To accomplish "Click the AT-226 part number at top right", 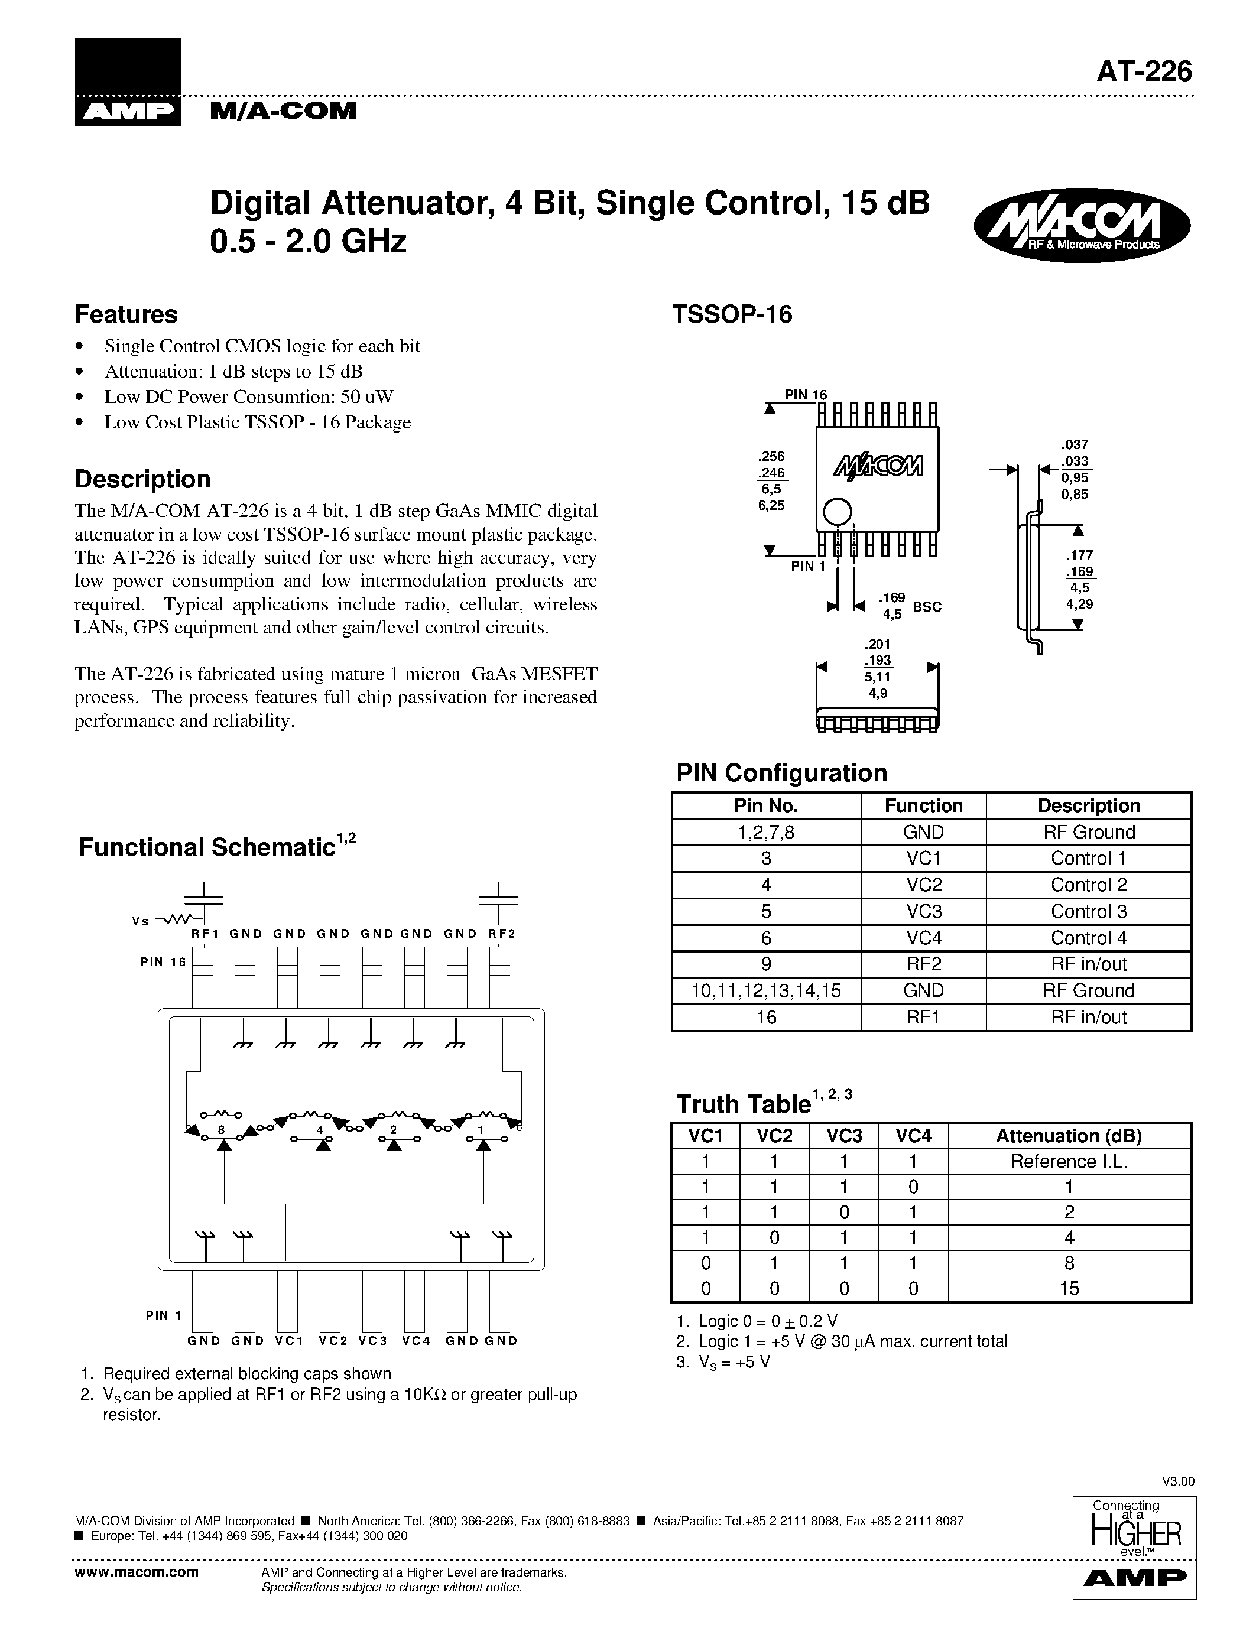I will (1144, 71).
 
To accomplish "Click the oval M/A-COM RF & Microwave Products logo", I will (1081, 224).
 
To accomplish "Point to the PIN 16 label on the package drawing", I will (806, 394).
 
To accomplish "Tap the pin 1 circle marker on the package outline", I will (836, 512).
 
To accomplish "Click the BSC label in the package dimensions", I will (927, 606).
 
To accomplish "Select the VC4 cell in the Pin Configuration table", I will (923, 938).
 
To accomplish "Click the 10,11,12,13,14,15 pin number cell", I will (767, 990).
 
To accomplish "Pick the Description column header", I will (1089, 806).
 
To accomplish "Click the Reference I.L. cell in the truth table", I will (1069, 1162).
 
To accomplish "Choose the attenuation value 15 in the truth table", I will (1069, 1288).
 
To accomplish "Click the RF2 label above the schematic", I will (501, 934).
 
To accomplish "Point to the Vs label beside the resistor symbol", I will (140, 921).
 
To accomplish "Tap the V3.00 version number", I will (1178, 1481).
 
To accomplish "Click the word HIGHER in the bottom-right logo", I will (1135, 1533).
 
